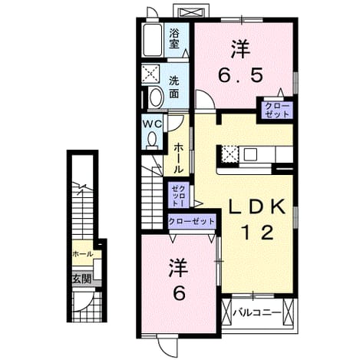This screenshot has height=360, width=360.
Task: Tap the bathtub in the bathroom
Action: [x=153, y=40]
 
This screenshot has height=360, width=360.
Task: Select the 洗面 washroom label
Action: [x=174, y=88]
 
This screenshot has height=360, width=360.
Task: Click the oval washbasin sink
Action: [x=157, y=97]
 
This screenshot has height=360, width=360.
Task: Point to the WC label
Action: [x=153, y=124]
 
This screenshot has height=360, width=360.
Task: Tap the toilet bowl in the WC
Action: [x=153, y=140]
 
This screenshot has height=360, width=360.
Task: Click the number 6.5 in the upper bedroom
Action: [x=240, y=75]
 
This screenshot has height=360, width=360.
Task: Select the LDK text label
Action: [x=256, y=206]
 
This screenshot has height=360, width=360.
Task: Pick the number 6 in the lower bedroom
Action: [x=179, y=293]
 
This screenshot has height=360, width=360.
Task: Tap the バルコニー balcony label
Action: [x=257, y=312]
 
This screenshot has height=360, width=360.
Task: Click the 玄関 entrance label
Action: [x=81, y=279]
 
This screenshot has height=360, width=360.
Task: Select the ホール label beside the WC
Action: [x=179, y=158]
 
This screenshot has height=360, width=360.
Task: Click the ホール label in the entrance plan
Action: [x=83, y=254]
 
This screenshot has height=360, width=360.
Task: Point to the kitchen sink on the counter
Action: [x=250, y=154]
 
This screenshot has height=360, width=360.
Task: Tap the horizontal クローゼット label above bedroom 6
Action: [x=191, y=221]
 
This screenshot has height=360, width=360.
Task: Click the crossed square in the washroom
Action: [x=150, y=74]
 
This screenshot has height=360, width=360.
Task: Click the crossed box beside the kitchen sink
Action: [x=230, y=154]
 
